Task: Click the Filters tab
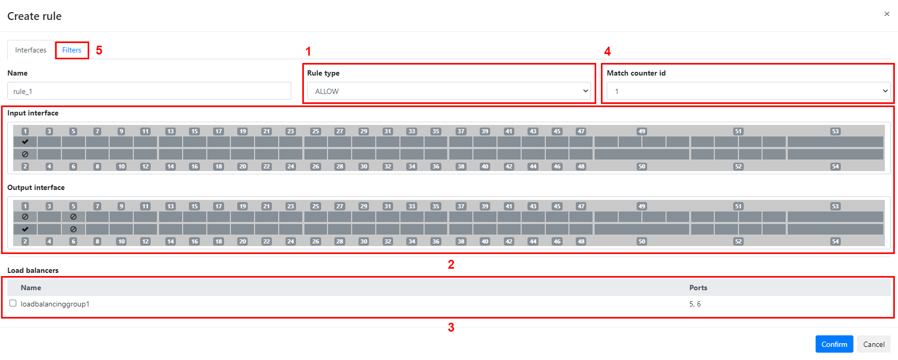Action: tap(72, 50)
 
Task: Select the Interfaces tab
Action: tap(31, 50)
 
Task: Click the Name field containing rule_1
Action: tap(149, 91)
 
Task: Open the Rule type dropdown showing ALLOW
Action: tap(449, 91)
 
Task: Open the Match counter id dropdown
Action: tap(748, 91)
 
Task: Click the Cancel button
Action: tap(874, 344)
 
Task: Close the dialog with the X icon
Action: tap(887, 14)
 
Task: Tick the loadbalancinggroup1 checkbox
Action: tap(13, 303)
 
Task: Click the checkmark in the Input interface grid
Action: tap(25, 142)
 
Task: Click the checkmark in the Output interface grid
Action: tap(25, 229)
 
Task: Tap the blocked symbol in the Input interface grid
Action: tap(25, 154)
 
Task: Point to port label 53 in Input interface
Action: tap(836, 131)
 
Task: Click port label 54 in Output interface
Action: tap(836, 241)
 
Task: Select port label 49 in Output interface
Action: tap(642, 206)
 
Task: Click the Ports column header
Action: tap(699, 288)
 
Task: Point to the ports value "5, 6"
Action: tap(695, 304)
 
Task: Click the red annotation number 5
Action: tap(99, 50)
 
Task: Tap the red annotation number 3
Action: tap(451, 327)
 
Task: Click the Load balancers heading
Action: tap(33, 270)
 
